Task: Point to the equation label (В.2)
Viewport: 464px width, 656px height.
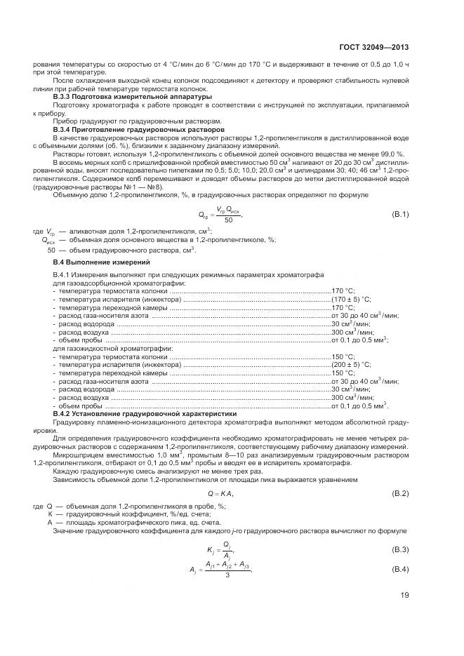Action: [399, 495]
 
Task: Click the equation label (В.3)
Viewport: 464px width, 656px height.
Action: [399, 548]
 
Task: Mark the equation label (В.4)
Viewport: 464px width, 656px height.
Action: [399, 568]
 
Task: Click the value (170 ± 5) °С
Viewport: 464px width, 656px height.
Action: [351, 300]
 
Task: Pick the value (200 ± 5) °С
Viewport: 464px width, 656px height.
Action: [351, 365]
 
